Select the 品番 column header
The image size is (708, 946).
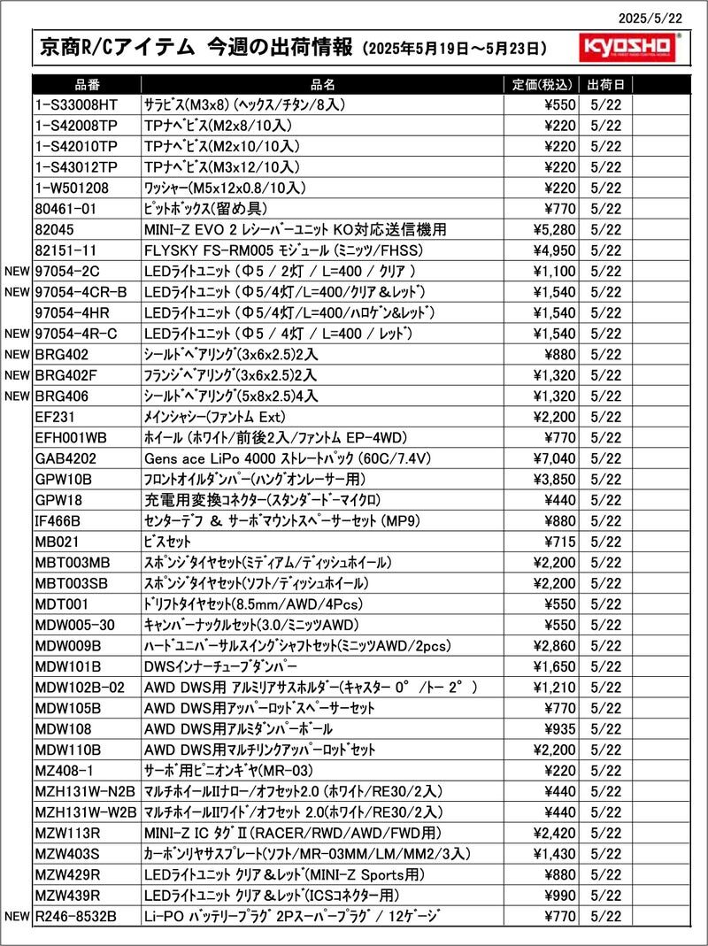[x=88, y=85]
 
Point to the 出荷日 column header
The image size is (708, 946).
[x=605, y=85]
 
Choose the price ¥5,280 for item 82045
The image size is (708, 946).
[x=553, y=230]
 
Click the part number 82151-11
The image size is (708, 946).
[x=65, y=250]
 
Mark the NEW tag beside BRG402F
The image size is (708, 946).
[x=17, y=375]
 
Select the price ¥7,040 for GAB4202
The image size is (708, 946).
[x=553, y=458]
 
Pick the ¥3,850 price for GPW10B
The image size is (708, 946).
[x=553, y=480]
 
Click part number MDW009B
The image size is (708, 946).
[x=69, y=645]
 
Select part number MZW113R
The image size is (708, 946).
[x=68, y=833]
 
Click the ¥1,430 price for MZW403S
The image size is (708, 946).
[x=553, y=853]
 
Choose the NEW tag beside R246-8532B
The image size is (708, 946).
[x=17, y=916]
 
